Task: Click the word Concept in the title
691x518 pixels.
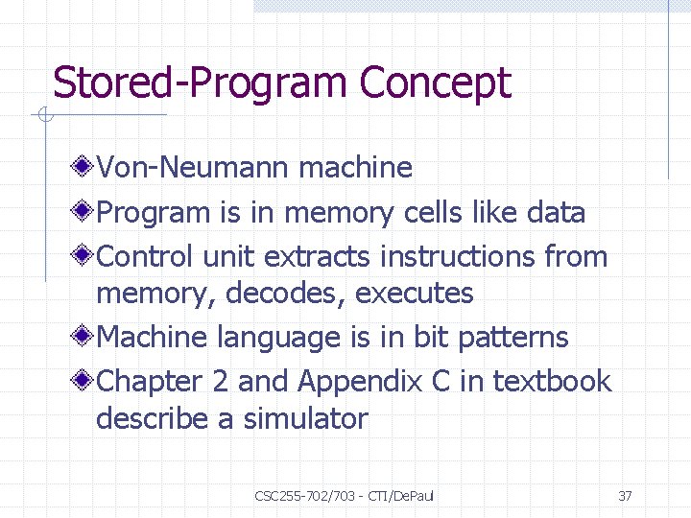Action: pyautogui.click(x=435, y=83)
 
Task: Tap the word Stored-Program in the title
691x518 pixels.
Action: pyautogui.click(x=202, y=83)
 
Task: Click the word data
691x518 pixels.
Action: pyautogui.click(x=556, y=212)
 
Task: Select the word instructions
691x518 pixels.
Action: pyautogui.click(x=458, y=256)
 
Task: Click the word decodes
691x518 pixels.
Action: pyautogui.click(x=286, y=294)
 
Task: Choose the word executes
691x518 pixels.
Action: pyautogui.click(x=415, y=294)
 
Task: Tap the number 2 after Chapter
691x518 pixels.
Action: pyautogui.click(x=220, y=381)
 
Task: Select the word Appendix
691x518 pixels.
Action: pyautogui.click(x=360, y=382)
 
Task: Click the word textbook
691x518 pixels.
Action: pyautogui.click(x=552, y=381)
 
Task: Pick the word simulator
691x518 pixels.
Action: pyautogui.click(x=305, y=418)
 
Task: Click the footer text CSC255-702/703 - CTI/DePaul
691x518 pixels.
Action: pyautogui.click(x=345, y=496)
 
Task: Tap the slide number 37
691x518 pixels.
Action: pyautogui.click(x=625, y=496)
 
